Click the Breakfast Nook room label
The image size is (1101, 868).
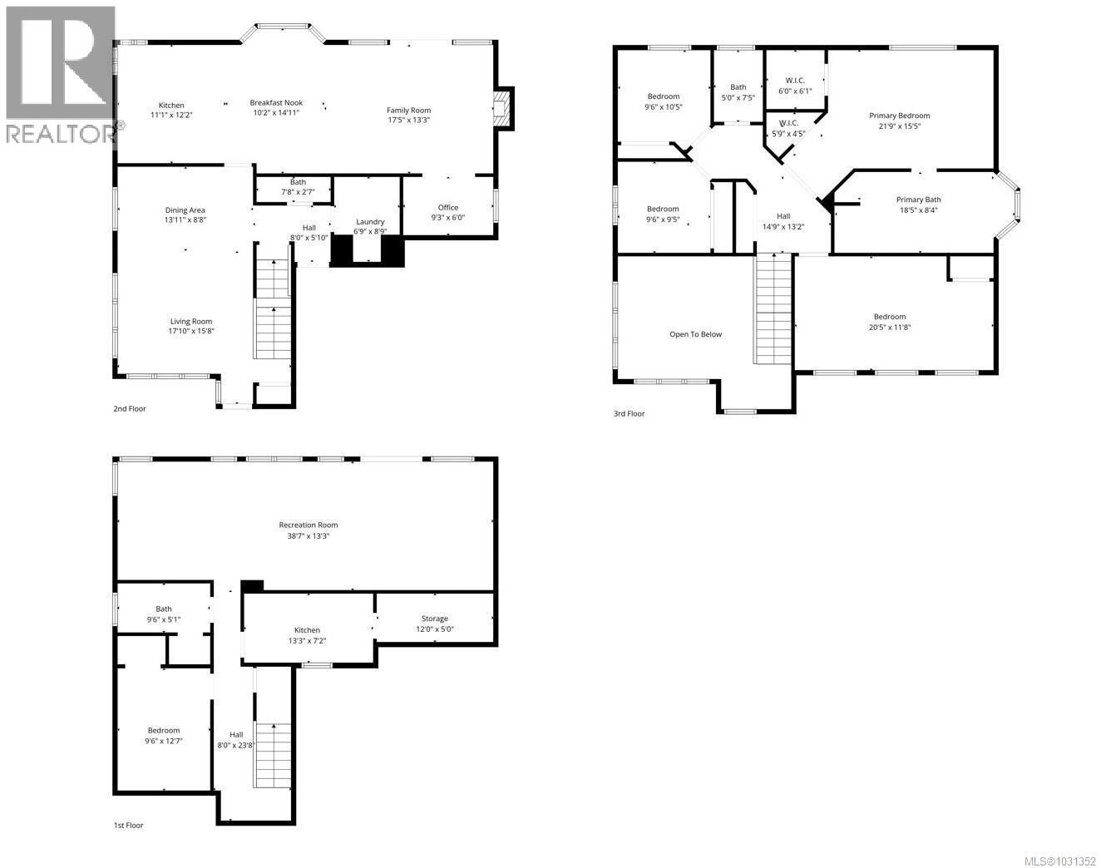coord(276,103)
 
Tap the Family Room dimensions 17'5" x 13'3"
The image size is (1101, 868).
coord(408,121)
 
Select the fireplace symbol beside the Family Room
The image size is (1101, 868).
coord(501,108)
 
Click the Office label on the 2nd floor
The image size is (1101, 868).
coord(448,208)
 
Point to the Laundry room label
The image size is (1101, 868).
coord(370,222)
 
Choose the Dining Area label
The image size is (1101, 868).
coord(185,210)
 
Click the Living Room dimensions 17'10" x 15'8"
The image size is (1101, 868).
coord(191,332)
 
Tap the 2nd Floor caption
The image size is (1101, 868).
coord(130,409)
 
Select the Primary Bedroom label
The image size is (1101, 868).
coord(899,116)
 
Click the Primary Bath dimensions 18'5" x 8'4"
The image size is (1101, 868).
coord(918,210)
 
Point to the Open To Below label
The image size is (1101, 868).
coord(695,334)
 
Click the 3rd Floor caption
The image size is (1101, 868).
coord(628,414)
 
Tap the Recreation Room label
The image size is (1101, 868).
coord(308,525)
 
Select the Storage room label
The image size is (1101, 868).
coord(434,619)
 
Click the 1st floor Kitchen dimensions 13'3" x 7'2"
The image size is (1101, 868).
coord(307,641)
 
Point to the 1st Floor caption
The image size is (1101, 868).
coord(128,826)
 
